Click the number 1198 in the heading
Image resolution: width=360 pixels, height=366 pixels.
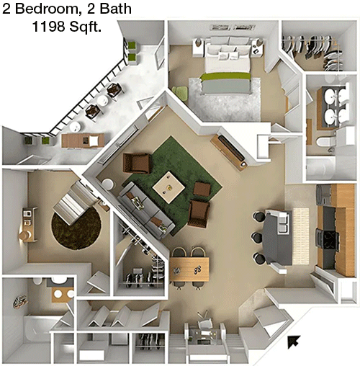point(48,26)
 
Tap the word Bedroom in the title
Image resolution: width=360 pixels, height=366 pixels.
point(46,9)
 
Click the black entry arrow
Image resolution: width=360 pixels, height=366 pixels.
point(294,342)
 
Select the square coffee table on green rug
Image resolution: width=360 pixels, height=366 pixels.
point(168,187)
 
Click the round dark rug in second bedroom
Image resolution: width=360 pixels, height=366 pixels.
point(76,228)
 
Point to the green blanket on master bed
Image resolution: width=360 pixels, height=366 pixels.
point(225,76)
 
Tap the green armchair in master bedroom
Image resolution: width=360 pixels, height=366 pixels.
point(180,93)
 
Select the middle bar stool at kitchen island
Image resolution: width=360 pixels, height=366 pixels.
point(258,237)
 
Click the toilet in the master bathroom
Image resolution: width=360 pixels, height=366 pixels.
point(326,142)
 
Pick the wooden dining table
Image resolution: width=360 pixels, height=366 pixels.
point(189,269)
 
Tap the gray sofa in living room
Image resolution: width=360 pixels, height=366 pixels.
point(146,210)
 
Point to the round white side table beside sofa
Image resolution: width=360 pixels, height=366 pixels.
point(108,184)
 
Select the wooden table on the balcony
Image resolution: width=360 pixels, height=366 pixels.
point(83,140)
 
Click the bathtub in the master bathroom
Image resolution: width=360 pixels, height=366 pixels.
point(320,168)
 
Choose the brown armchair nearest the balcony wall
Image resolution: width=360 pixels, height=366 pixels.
point(138,163)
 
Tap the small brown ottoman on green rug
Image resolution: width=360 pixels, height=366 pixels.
point(202,189)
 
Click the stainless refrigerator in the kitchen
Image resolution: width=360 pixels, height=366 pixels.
point(324,195)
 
